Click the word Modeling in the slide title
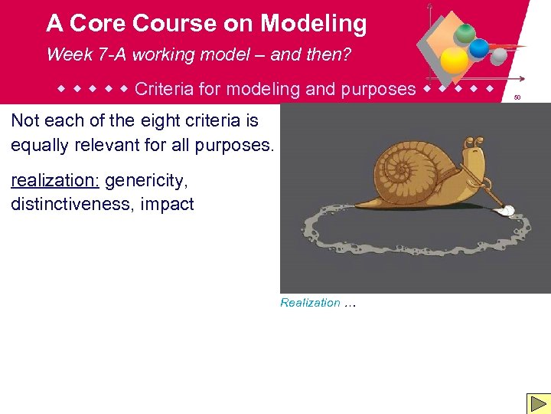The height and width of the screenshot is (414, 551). (314, 24)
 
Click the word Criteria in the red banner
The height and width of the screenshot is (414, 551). (163, 89)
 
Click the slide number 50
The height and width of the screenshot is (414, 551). (517, 97)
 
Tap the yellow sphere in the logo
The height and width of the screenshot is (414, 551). (454, 61)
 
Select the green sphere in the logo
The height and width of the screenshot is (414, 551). (465, 33)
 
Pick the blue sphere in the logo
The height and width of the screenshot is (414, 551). (479, 48)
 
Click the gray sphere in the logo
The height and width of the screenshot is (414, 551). (498, 56)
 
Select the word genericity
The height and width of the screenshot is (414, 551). (146, 181)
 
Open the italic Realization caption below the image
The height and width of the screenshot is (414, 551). (310, 303)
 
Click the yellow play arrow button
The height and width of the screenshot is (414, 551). (536, 403)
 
